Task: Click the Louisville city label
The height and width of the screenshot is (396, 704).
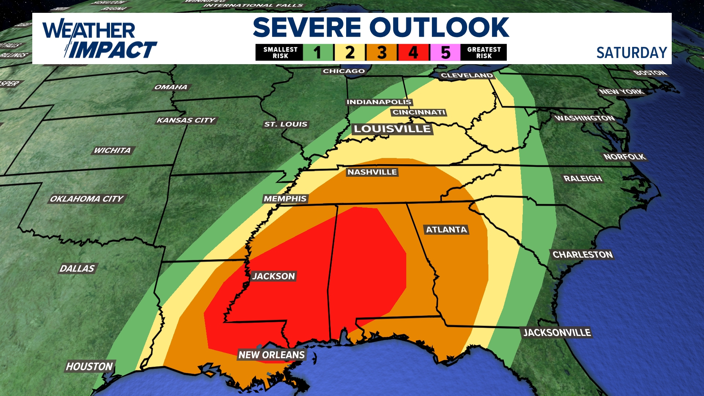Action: pos(392,129)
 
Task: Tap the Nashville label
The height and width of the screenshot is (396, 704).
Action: pos(372,172)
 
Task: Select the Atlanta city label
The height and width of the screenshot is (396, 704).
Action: pos(446,230)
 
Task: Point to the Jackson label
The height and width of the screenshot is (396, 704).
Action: pos(274,276)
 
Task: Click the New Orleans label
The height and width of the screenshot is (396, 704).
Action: pos(271,355)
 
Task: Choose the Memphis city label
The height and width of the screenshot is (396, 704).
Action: pos(285,199)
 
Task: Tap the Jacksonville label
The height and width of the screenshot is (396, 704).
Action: pos(557,333)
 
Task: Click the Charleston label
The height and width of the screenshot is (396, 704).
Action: pos(582,254)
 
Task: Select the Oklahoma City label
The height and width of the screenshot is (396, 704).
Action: pos(87,199)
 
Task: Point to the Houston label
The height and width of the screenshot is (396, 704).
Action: pos(89,366)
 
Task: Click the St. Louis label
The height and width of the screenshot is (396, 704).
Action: pos(286,124)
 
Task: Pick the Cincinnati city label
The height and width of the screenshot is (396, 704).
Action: pos(419,112)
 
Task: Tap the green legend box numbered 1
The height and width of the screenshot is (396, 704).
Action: pos(318,52)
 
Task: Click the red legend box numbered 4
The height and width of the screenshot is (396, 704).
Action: pos(413,52)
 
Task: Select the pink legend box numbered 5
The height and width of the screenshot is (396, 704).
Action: pos(445,52)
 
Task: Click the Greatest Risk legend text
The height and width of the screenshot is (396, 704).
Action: pos(484,52)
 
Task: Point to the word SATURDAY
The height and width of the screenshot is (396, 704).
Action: pos(631,53)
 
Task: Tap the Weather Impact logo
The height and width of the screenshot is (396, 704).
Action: pos(99,40)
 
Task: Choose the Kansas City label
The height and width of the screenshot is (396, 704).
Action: pos(186,120)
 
